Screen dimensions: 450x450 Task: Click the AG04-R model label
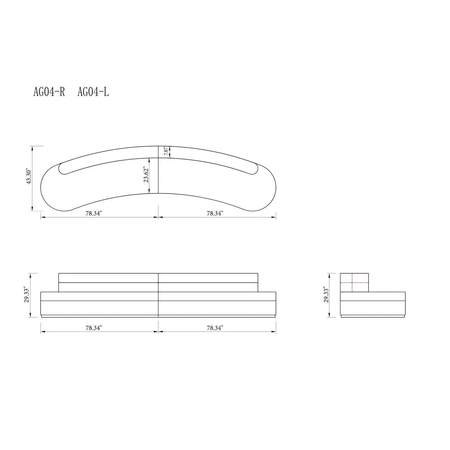point(49,92)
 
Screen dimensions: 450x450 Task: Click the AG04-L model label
point(93,92)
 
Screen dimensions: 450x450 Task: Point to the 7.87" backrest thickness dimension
point(167,152)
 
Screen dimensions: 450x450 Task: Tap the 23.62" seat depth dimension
point(146,176)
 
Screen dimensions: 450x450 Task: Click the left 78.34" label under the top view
point(94,213)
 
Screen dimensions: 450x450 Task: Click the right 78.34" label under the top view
point(215,213)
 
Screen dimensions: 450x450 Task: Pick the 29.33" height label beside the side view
point(326,295)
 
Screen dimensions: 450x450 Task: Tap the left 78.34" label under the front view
point(94,328)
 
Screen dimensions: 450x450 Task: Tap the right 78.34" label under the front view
point(215,328)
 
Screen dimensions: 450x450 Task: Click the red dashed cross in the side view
point(352,282)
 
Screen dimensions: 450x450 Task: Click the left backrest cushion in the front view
point(108,282)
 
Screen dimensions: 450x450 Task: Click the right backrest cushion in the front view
point(208,282)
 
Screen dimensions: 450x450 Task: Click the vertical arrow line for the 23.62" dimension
point(149,176)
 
